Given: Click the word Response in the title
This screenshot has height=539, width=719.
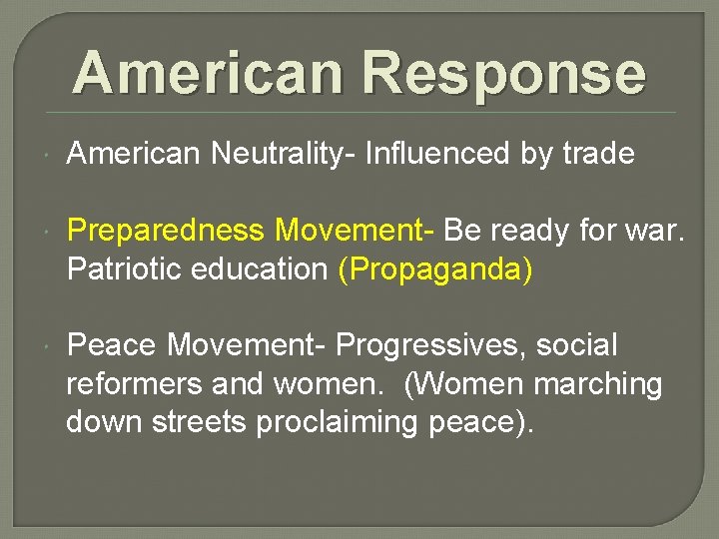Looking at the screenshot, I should tap(503, 74).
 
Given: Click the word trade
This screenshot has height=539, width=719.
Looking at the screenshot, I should tap(597, 154).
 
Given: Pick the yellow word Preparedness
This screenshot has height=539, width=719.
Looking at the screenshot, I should tap(165, 232).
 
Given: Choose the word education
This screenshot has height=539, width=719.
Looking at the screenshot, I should tap(261, 269).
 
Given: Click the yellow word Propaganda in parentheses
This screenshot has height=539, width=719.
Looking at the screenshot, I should tap(436, 269).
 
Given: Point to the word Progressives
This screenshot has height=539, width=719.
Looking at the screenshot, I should tap(430, 345).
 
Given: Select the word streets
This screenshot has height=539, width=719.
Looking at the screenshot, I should tap(202, 422).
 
